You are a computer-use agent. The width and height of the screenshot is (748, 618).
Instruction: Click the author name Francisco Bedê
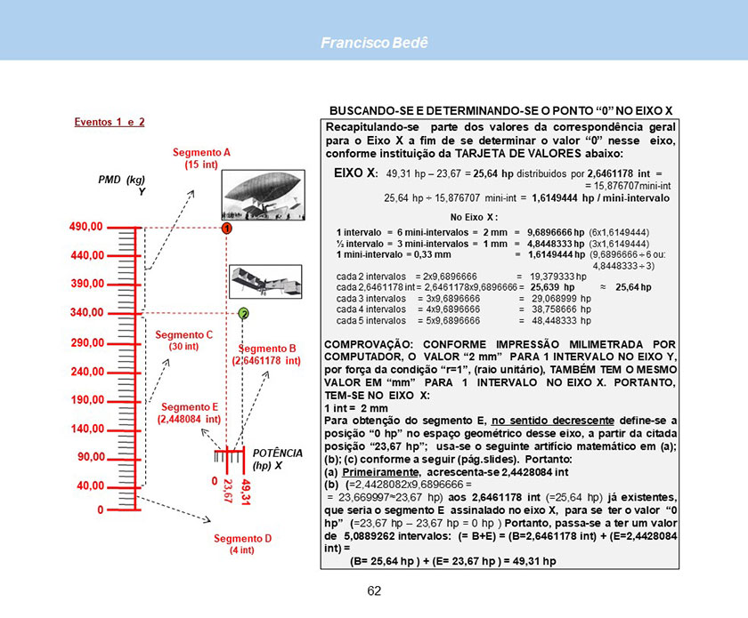pyautogui.click(x=375, y=43)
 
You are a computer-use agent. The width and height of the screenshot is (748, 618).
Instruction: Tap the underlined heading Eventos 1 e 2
pyautogui.click(x=110, y=122)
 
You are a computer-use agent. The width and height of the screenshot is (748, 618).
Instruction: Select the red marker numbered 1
pyautogui.click(x=227, y=229)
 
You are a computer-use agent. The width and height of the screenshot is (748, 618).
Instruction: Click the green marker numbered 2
pyautogui.click(x=244, y=314)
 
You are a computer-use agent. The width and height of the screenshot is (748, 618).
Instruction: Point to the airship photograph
pyautogui.click(x=264, y=195)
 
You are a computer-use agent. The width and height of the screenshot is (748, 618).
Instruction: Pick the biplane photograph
pyautogui.click(x=265, y=281)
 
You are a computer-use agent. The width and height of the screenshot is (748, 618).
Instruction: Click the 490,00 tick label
pyautogui.click(x=85, y=227)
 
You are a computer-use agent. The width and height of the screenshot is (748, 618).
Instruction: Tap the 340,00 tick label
pyautogui.click(x=87, y=313)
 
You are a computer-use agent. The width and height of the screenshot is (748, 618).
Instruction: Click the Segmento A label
pyautogui.click(x=201, y=158)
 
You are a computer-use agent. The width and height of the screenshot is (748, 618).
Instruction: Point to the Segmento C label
pyautogui.click(x=183, y=341)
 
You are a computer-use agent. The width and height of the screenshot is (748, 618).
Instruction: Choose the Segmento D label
pyautogui.click(x=242, y=543)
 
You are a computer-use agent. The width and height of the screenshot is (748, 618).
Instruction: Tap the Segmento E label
pyautogui.click(x=190, y=413)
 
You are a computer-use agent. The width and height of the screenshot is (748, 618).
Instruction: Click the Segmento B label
pyautogui.click(x=266, y=355)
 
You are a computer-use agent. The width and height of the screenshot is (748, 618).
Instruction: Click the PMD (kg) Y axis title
pyautogui.click(x=122, y=185)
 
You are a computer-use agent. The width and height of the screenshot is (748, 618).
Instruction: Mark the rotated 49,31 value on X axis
pyautogui.click(x=246, y=492)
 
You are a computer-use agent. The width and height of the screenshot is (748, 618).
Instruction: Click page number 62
pyautogui.click(x=375, y=591)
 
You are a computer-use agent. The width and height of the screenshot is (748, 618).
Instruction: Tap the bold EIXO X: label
pyautogui.click(x=356, y=173)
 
